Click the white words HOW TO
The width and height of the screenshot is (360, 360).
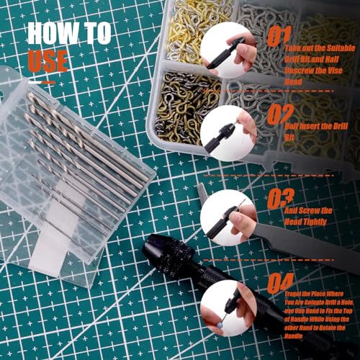click(x=69, y=33)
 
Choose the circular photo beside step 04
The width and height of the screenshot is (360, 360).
click(x=229, y=302)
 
